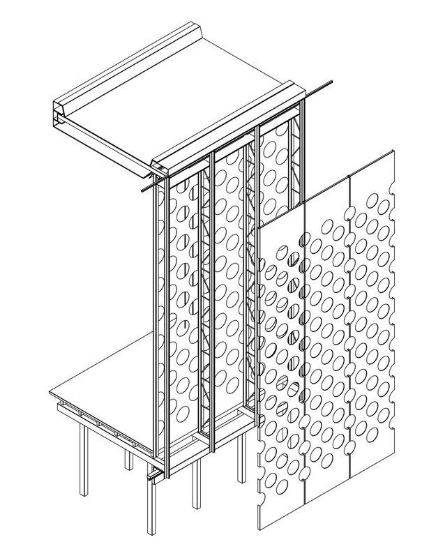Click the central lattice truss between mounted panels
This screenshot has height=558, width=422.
pyautogui.click(x=207, y=300)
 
